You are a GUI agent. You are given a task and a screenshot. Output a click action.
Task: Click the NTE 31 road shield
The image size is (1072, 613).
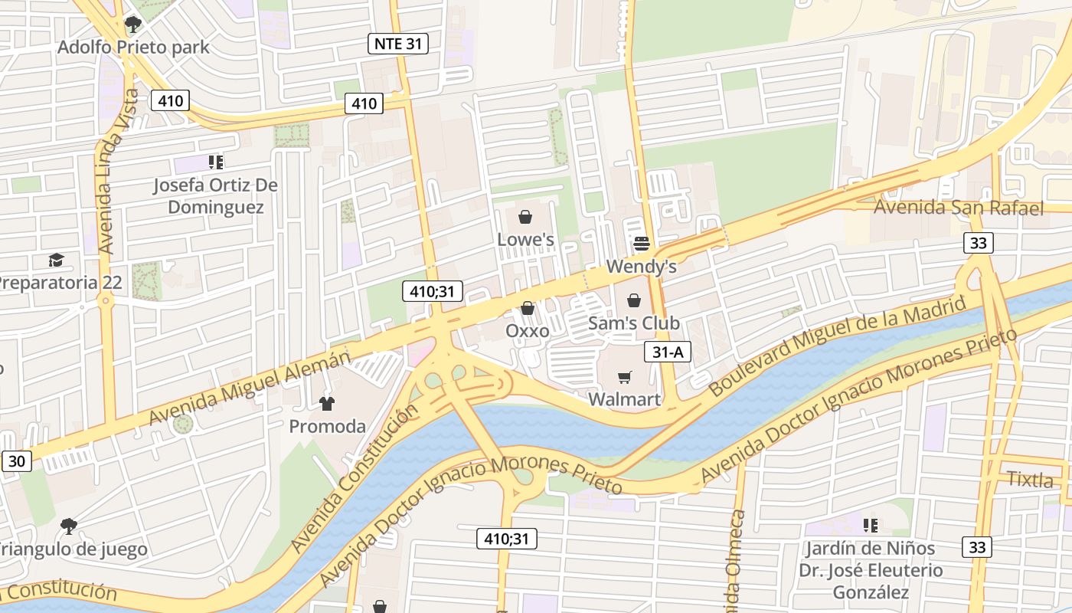[x=397, y=44]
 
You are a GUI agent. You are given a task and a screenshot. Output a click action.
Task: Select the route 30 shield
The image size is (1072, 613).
[x=17, y=461]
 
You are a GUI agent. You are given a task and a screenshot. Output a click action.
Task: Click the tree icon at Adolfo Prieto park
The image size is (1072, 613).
[x=132, y=25]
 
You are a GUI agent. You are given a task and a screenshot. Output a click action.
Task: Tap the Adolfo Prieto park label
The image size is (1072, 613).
[x=133, y=48]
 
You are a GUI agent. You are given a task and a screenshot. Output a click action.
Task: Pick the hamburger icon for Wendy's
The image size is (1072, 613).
[x=641, y=244]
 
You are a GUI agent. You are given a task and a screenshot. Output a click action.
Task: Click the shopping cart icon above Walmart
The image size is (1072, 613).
[x=625, y=377]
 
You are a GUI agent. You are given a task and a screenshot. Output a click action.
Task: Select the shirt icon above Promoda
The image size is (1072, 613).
[x=327, y=403]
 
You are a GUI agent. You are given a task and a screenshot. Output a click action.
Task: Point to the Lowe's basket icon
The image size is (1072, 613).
[x=525, y=217]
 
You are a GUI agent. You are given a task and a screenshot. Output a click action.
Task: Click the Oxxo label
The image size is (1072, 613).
[x=528, y=331]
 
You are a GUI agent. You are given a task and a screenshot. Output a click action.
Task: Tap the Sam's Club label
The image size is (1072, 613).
[x=633, y=323]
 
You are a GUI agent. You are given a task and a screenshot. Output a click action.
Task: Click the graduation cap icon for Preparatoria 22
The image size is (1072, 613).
[x=56, y=260]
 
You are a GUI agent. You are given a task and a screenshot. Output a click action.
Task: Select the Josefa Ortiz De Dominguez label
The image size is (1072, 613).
[x=215, y=196]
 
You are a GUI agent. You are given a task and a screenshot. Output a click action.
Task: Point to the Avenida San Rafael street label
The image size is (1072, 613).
[x=959, y=208]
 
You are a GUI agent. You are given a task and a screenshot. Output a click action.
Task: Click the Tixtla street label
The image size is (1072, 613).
[x=1030, y=480]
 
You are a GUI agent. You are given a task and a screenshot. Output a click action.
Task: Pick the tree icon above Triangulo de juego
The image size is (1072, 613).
[x=68, y=526]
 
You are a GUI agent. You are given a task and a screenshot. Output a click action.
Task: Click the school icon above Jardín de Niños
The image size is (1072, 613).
[x=870, y=525]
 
